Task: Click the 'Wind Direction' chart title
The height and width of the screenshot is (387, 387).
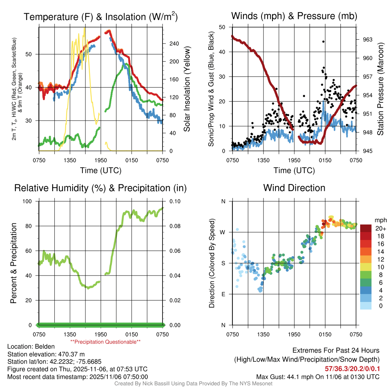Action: pos(294,188)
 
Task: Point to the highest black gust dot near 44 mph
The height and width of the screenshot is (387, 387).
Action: pos(324,42)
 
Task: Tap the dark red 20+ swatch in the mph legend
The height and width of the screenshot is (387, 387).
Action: pos(366,228)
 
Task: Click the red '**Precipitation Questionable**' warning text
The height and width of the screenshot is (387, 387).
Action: pos(105,342)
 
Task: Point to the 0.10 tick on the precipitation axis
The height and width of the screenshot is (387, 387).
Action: pos(175,201)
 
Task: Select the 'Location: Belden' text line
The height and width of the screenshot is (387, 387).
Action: pos(31,347)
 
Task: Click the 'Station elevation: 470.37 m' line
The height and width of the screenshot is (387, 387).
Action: pos(45,354)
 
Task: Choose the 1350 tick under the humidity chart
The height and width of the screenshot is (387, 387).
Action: pos(70,334)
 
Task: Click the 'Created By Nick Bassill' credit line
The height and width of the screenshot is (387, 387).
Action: pos(193,384)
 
